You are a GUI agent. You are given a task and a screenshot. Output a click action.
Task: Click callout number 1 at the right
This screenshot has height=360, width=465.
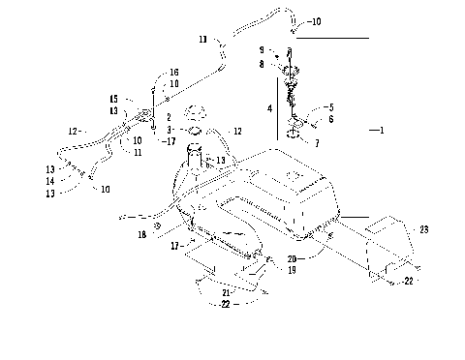point(383,130)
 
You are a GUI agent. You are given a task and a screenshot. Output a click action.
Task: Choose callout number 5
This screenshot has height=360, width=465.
point(329,107)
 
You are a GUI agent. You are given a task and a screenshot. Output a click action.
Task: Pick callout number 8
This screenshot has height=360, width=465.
point(261,64)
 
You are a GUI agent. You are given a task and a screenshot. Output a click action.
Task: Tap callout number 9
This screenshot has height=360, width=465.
point(261,50)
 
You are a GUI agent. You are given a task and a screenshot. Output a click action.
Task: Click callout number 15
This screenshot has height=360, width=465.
point(112,99)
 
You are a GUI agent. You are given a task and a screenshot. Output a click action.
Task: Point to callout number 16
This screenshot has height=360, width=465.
point(174,73)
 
